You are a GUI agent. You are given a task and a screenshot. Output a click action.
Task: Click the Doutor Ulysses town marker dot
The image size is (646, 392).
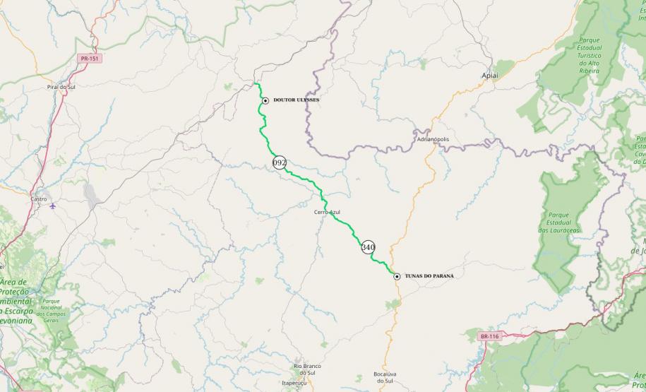[x=265, y=100]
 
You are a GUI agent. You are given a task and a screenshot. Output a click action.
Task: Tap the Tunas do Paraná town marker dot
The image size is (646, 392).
[x=397, y=276]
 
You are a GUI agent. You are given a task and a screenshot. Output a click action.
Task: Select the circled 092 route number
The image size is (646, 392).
[x=280, y=162]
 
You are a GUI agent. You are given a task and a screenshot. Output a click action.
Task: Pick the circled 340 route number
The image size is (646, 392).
[x=368, y=247]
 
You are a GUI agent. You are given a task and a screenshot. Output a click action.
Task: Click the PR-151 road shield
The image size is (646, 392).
[x=89, y=59]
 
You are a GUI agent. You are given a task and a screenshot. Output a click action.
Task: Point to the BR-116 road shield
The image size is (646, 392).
[x=489, y=336]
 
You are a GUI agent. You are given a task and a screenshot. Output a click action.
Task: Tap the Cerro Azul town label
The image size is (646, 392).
[x=328, y=212]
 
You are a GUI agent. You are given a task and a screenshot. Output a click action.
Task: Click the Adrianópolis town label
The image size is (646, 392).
[x=433, y=139]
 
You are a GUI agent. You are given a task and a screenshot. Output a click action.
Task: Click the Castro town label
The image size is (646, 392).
[x=40, y=200]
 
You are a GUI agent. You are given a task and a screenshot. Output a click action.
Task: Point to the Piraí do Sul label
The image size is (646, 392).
[x=61, y=86]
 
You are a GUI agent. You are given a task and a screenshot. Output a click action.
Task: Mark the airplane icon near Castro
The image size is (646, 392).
[x=54, y=207]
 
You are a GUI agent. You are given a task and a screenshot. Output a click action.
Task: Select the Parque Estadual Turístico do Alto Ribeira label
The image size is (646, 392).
[x=589, y=56]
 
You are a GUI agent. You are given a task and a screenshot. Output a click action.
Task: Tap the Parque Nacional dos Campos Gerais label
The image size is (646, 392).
[x=51, y=311]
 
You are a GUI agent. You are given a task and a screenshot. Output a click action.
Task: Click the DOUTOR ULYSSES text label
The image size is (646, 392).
[x=297, y=100]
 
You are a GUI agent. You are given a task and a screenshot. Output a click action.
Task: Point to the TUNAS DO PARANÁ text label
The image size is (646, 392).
[x=429, y=276]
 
